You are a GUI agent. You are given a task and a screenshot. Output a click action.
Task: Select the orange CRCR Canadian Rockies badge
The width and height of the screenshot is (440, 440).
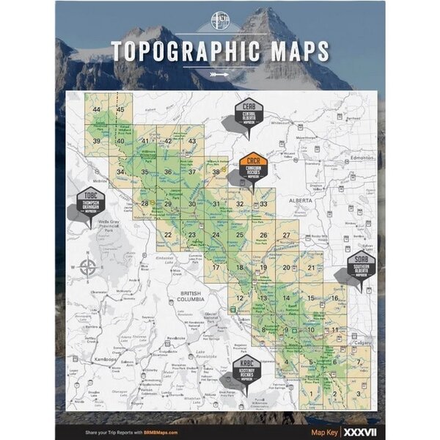click(253, 166)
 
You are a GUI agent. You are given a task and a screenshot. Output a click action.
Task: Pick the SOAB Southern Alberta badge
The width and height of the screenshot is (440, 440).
click(362, 264)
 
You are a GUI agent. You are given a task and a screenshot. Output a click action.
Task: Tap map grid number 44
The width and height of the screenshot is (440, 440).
click(97, 110)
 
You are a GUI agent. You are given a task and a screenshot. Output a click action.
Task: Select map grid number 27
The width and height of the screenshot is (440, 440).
click(287, 235)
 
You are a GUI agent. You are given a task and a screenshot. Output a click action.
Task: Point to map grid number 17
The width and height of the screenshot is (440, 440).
click(216, 268)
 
